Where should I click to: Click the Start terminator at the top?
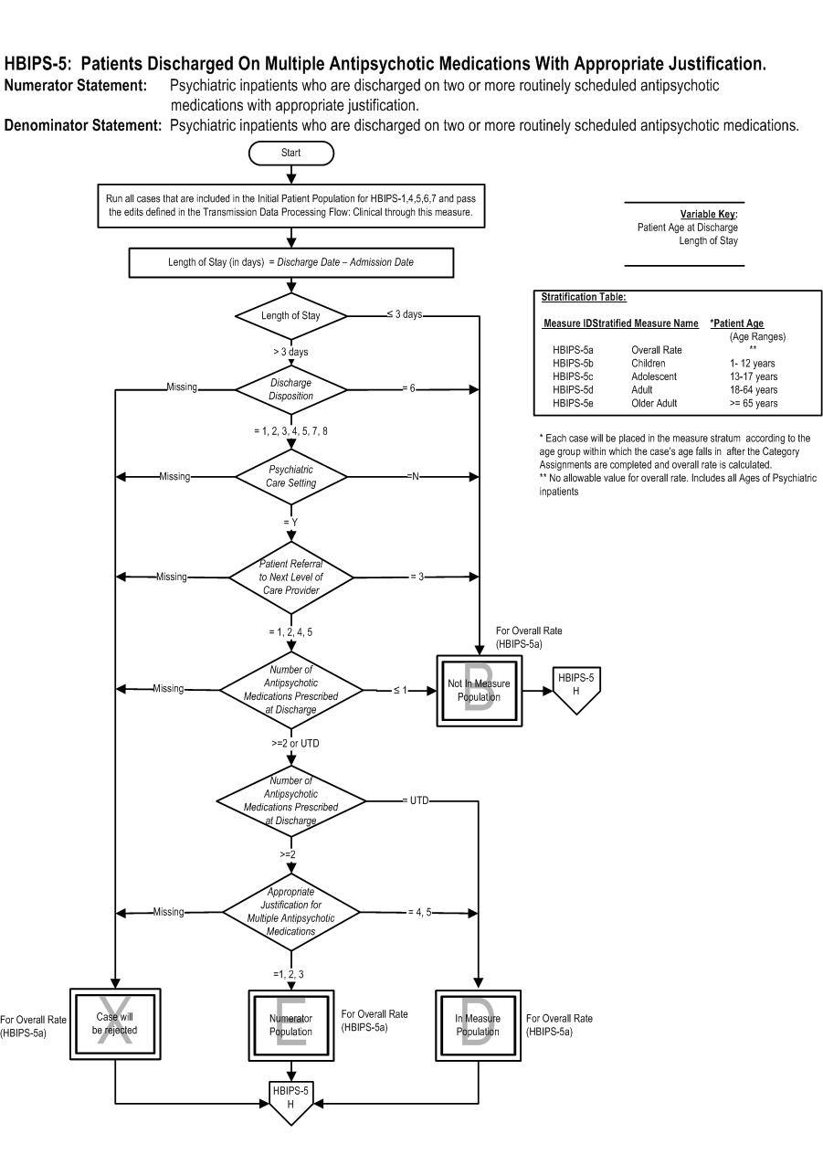[x=290, y=154]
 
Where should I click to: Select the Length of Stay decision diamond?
[x=290, y=316]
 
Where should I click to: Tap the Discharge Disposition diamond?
[x=290, y=389]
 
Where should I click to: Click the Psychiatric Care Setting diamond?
[x=290, y=477]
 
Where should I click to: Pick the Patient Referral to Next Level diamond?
[x=290, y=577]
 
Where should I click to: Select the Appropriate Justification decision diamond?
[x=290, y=913]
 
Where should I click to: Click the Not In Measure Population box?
[x=480, y=691]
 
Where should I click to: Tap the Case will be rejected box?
[x=115, y=1024]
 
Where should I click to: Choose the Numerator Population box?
[x=290, y=1025]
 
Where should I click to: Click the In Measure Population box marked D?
[x=478, y=1025]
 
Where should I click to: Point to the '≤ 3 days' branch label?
[x=405, y=314]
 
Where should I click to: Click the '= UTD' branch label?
[x=416, y=800]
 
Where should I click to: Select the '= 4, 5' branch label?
[x=420, y=913]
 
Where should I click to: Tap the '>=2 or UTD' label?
[x=295, y=744]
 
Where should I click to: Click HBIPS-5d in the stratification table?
[x=573, y=390]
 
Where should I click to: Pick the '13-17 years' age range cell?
[x=754, y=376]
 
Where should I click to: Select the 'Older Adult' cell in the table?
[x=654, y=403]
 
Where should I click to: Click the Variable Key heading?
[x=709, y=214]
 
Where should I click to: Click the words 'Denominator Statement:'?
[x=83, y=125]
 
